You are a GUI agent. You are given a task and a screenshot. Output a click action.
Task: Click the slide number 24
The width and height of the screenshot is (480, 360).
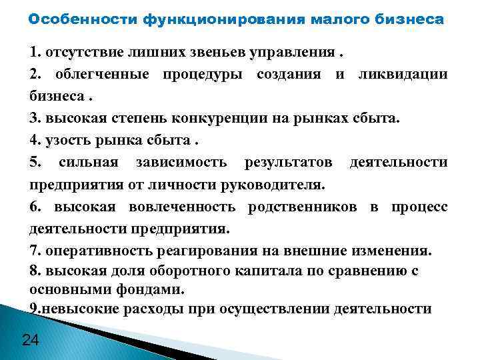(x=31, y=341)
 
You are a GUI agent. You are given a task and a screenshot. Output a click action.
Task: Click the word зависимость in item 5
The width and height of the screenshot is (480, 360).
(x=181, y=163)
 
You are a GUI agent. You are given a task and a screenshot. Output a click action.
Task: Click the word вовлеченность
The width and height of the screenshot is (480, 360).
(x=181, y=207)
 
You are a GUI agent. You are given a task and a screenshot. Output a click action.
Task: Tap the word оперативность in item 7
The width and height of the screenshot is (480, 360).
(x=90, y=251)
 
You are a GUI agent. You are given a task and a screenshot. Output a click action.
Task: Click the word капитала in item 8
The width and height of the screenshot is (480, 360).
(x=254, y=271)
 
